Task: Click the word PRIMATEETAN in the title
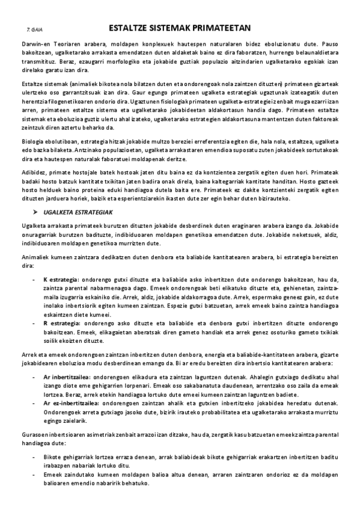(x=216, y=27)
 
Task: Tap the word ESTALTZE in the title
(x=129, y=27)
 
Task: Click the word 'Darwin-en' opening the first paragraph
(x=34, y=44)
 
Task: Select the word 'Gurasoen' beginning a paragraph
(x=34, y=442)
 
